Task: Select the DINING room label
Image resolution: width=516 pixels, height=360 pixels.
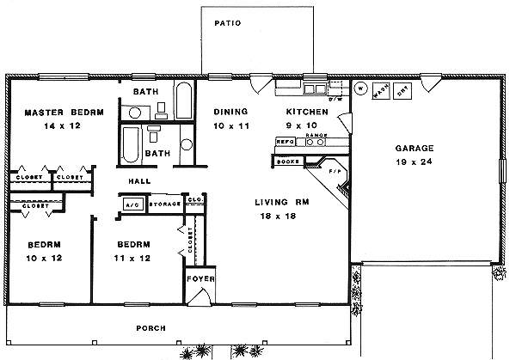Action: (x=230, y=112)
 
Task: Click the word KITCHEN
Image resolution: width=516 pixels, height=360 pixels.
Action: (x=307, y=112)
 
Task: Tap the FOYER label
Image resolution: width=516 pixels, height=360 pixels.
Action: (x=200, y=279)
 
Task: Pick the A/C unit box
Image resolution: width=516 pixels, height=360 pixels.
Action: (x=133, y=204)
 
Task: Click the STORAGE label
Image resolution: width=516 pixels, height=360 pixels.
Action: (x=164, y=204)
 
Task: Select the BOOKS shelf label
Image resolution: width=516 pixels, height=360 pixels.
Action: (x=287, y=161)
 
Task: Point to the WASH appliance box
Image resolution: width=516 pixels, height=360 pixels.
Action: (x=381, y=87)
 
